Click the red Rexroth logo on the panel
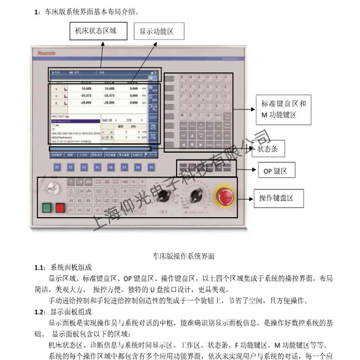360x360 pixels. (46, 54)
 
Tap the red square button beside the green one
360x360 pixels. (60, 209)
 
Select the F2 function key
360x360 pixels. (57, 167)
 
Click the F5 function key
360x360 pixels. (97, 167)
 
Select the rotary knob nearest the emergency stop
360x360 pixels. (195, 194)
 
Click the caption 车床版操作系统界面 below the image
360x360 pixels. (183, 256)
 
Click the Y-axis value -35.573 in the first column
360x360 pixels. (86, 95)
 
